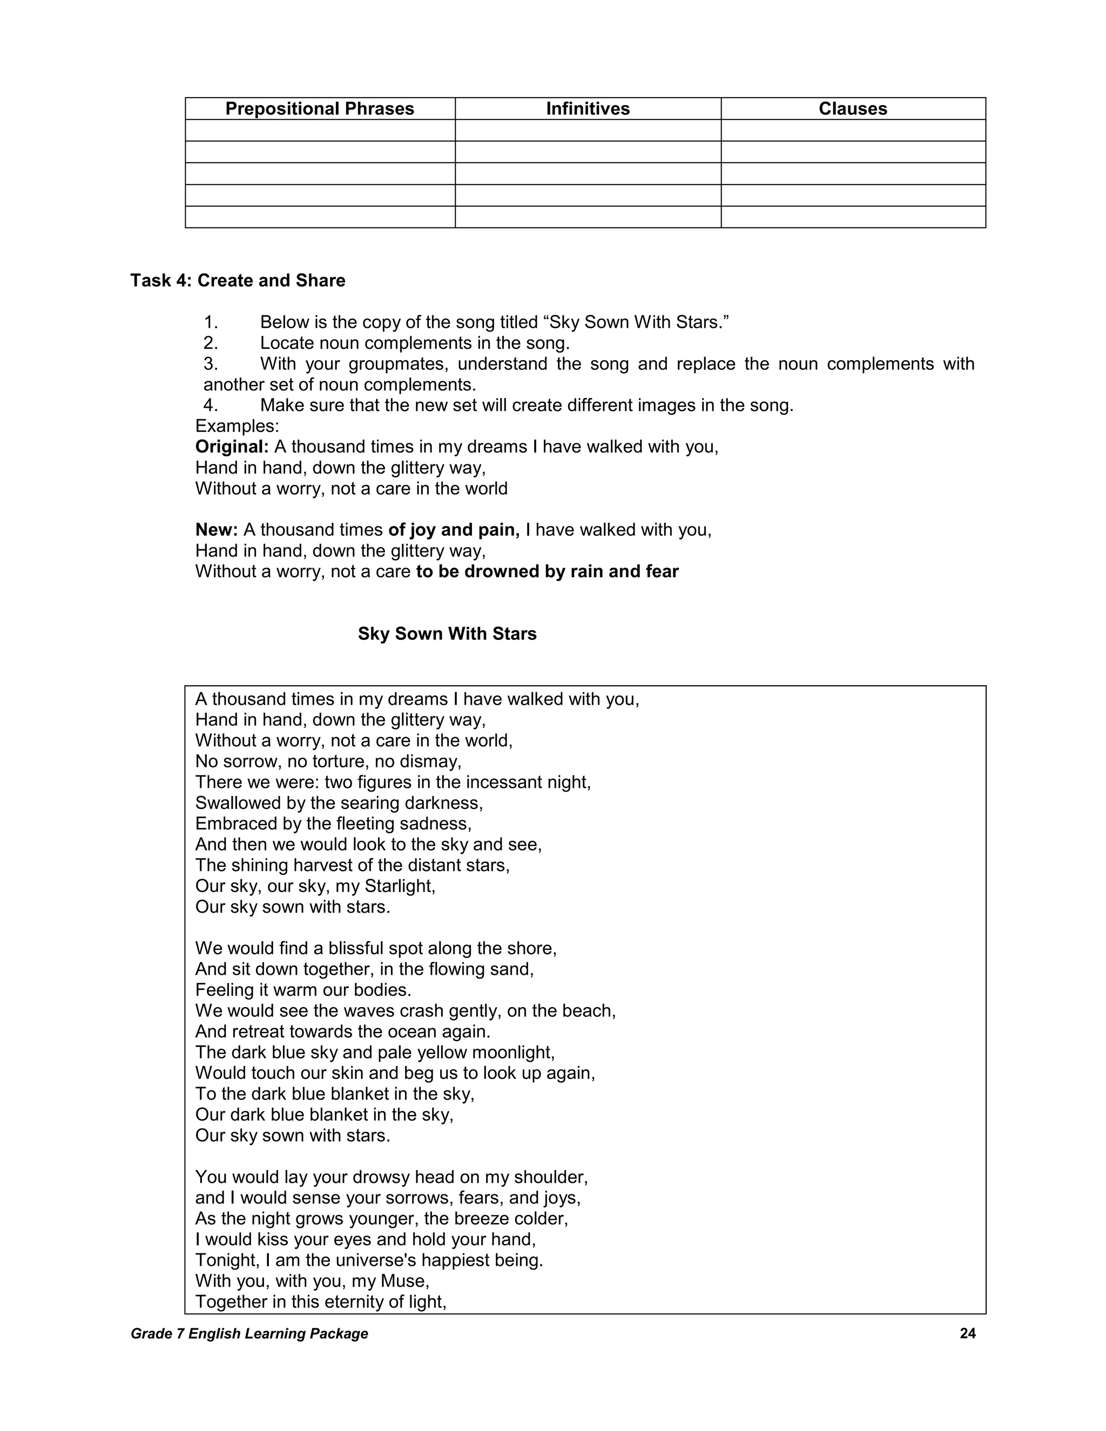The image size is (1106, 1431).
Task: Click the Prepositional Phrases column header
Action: (320, 109)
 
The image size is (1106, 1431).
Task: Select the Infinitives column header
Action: (588, 109)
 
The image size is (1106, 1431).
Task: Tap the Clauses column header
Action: (852, 109)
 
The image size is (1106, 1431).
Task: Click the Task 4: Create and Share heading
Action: (238, 280)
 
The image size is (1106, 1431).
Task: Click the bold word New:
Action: (216, 529)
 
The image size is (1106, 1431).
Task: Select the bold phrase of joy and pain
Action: (454, 529)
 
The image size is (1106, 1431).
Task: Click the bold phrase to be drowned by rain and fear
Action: (547, 571)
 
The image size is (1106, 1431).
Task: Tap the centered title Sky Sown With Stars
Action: (447, 633)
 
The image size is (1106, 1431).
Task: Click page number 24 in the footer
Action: (967, 1333)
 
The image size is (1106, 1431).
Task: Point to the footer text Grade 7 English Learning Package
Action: (249, 1333)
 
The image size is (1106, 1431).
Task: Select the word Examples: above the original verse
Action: (237, 426)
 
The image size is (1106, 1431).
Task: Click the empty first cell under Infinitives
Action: (588, 130)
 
